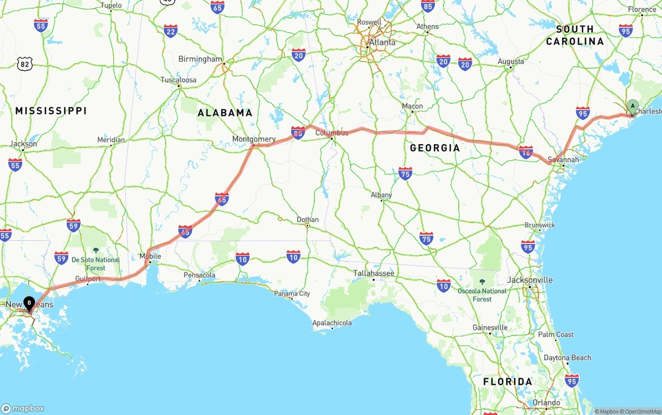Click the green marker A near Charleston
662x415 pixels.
pyautogui.click(x=633, y=106)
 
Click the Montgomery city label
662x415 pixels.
pyautogui.click(x=254, y=139)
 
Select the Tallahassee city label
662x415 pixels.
pyautogui.click(x=374, y=273)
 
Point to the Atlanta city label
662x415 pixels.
pyautogui.click(x=382, y=42)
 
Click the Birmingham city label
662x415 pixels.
pyautogui.click(x=200, y=59)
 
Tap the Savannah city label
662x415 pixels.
pyautogui.click(x=563, y=160)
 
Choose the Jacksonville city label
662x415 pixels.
pyautogui.click(x=530, y=280)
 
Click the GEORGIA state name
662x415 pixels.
pyautogui.click(x=434, y=148)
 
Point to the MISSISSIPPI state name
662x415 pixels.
pyautogui.click(x=51, y=111)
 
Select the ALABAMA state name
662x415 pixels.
pyautogui.click(x=225, y=113)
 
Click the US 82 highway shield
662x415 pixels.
pyautogui.click(x=25, y=64)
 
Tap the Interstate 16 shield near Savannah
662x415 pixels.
pyautogui.click(x=526, y=152)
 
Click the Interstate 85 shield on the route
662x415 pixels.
pyautogui.click(x=298, y=133)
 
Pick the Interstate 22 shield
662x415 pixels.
pyautogui.click(x=170, y=31)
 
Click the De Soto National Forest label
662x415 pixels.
pyautogui.click(x=96, y=264)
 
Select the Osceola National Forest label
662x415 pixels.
pyautogui.click(x=482, y=295)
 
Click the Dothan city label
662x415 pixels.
pyautogui.click(x=308, y=220)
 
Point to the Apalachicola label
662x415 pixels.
pyautogui.click(x=332, y=323)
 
